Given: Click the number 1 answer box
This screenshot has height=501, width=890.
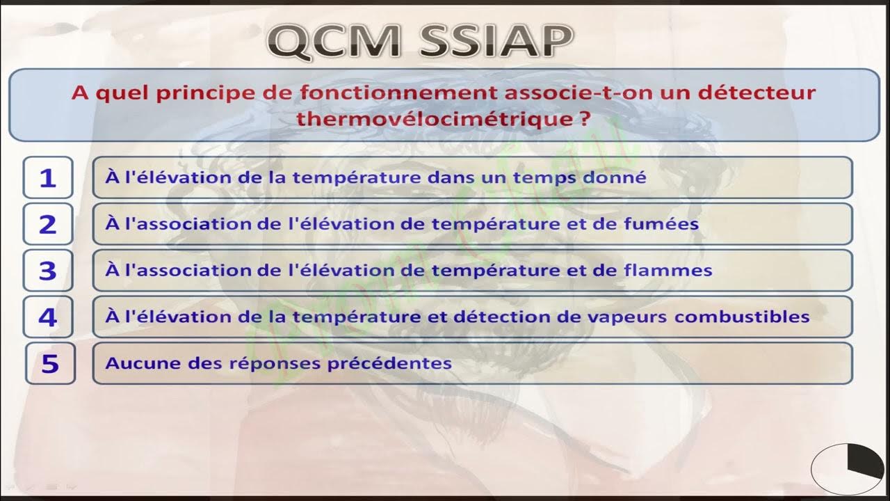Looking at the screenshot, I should click(47, 178).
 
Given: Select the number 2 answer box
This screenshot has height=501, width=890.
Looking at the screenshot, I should click(47, 224).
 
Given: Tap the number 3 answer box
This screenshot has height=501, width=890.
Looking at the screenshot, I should click(47, 271).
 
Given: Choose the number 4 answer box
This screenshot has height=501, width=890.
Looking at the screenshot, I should click(47, 317).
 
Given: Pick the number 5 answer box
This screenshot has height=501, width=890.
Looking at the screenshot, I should click(50, 363).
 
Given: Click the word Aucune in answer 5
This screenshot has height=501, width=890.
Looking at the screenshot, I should click(136, 363).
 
